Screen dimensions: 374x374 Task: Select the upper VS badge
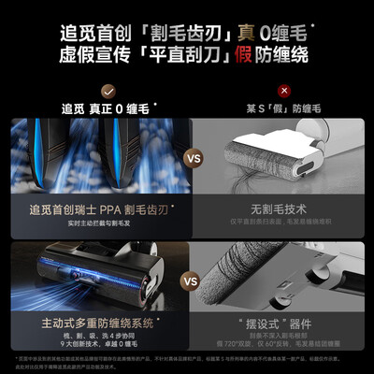194,159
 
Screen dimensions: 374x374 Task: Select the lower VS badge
194,280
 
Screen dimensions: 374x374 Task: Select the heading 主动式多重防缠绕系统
97,324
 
